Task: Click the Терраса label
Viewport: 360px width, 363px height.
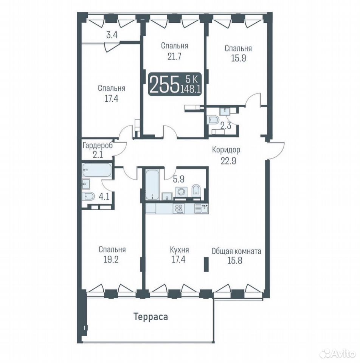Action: click(x=151, y=316)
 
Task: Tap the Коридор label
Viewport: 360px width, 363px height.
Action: click(x=226, y=150)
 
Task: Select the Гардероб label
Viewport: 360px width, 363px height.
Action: click(x=98, y=146)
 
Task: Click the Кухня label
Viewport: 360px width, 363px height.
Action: click(x=179, y=250)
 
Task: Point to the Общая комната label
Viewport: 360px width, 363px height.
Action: click(x=236, y=251)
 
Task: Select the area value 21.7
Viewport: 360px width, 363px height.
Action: click(x=174, y=56)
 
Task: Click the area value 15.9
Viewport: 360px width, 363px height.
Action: click(x=239, y=58)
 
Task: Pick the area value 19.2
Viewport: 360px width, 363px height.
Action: click(x=111, y=259)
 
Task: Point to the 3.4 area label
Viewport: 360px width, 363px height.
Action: click(x=112, y=35)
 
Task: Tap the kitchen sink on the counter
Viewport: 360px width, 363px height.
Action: click(x=202, y=209)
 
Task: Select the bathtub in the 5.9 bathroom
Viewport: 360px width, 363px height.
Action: click(x=152, y=185)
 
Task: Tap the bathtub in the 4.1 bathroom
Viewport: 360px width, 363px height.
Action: click(x=97, y=170)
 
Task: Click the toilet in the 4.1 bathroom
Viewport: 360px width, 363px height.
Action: click(x=88, y=197)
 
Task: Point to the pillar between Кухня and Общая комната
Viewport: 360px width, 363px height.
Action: click(x=206, y=264)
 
